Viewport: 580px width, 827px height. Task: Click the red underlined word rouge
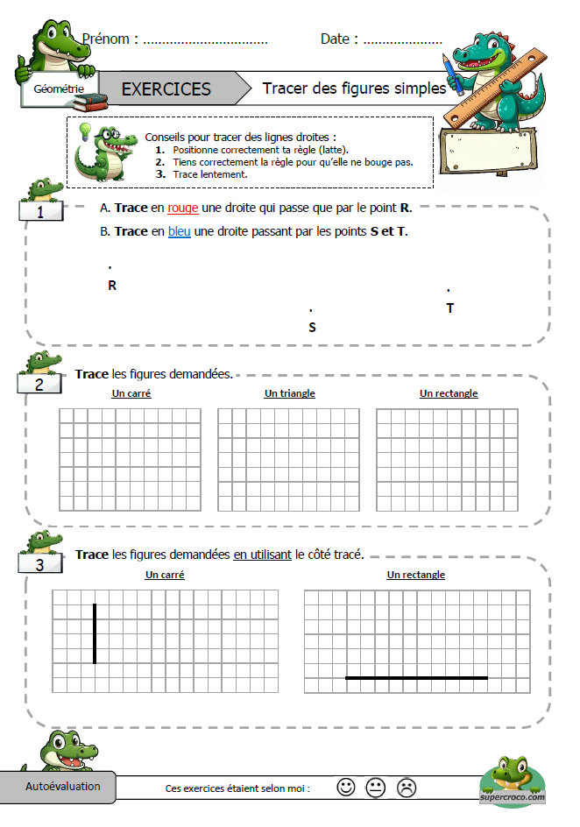pyautogui.click(x=182, y=209)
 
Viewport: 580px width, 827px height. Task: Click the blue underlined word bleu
pyautogui.click(x=179, y=232)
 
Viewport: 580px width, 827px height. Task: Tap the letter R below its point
pyautogui.click(x=112, y=286)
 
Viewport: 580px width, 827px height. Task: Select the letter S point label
pyautogui.click(x=312, y=328)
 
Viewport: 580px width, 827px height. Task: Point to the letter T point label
pyautogui.click(x=450, y=308)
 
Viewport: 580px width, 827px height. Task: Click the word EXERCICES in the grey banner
pyautogui.click(x=166, y=89)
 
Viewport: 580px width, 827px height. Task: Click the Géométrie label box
pyautogui.click(x=59, y=89)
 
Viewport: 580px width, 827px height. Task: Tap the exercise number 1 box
pyautogui.click(x=41, y=212)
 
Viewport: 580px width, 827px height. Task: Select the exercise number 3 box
pyautogui.click(x=40, y=565)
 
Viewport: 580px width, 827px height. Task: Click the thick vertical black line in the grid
pyautogui.click(x=95, y=633)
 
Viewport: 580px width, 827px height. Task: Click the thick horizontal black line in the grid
pyautogui.click(x=416, y=677)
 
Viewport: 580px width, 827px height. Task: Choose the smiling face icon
pyautogui.click(x=346, y=787)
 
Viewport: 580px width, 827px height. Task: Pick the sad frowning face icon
pyautogui.click(x=406, y=787)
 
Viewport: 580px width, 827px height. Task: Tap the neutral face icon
pyautogui.click(x=376, y=787)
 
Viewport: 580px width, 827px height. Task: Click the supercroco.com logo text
pyautogui.click(x=513, y=797)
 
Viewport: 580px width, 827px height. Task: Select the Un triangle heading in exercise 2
pyautogui.click(x=289, y=393)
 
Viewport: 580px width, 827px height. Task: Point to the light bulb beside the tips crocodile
pyautogui.click(x=86, y=131)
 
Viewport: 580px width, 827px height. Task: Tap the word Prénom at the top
pyautogui.click(x=110, y=39)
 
